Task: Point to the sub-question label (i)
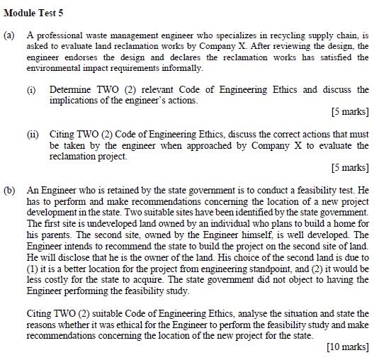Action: [31, 90]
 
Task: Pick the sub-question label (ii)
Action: [32, 134]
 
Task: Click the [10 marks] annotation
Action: [347, 347]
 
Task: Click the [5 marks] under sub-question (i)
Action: [350, 112]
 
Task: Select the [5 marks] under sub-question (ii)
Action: [350, 168]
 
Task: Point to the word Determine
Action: [72, 90]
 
